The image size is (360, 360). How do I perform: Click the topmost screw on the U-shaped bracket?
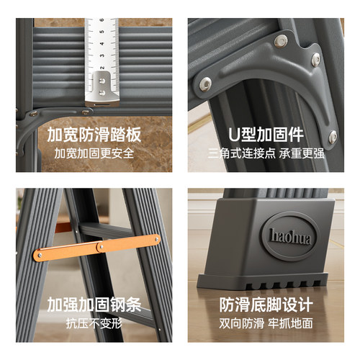282,41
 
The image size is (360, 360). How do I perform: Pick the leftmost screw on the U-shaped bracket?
206,84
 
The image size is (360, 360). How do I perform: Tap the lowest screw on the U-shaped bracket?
332,135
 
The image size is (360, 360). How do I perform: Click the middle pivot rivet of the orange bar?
99,247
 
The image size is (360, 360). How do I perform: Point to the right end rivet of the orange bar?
155,239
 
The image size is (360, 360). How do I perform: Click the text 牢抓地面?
297,323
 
